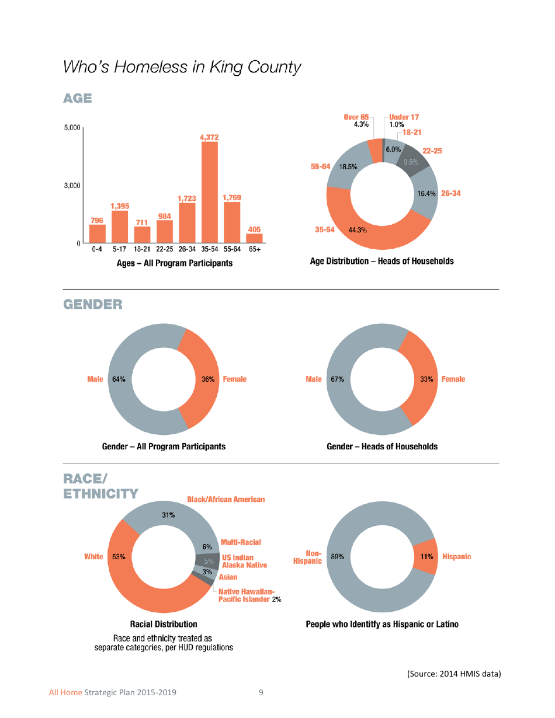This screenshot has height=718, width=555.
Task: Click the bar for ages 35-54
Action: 209,193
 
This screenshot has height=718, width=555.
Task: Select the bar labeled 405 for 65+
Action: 254,238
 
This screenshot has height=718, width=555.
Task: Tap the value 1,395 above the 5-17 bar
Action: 120,206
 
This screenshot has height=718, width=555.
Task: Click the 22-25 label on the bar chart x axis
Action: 164,249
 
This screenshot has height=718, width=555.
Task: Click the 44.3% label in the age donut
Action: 357,230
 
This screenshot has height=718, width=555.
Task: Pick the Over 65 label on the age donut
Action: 356,117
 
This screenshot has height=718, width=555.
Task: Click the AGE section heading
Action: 78,98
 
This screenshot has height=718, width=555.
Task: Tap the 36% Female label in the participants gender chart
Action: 208,379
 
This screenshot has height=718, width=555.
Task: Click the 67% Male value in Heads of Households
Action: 337,379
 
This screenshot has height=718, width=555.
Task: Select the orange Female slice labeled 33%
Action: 419,379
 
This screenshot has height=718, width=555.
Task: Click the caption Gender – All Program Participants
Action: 164,447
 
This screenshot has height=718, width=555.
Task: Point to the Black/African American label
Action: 226,500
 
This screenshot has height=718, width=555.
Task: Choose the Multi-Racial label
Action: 241,543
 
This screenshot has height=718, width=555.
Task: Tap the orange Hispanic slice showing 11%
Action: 425,557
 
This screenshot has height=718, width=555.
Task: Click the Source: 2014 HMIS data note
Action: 454,674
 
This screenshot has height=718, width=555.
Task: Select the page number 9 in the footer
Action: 261,693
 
